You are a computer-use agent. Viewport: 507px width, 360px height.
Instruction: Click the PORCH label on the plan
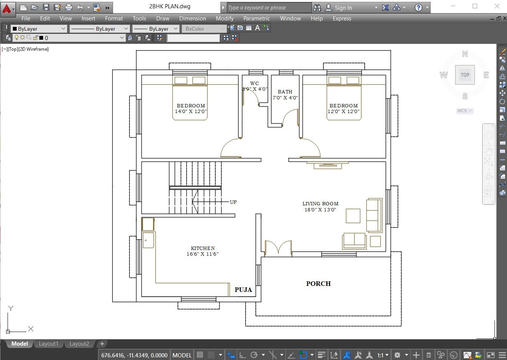click(318, 284)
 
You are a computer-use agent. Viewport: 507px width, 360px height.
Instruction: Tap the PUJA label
click(243, 290)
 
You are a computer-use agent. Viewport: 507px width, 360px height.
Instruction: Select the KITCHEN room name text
click(203, 248)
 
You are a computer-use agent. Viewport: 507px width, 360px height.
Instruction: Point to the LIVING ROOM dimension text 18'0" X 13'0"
click(320, 210)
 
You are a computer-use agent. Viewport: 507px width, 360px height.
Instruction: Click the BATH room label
click(285, 92)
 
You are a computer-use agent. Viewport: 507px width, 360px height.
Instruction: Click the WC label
click(254, 83)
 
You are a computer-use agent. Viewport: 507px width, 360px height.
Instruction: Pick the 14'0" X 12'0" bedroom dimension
click(191, 112)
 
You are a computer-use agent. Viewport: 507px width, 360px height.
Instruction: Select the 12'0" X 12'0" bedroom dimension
click(343, 112)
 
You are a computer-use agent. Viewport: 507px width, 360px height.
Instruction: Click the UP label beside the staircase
click(233, 202)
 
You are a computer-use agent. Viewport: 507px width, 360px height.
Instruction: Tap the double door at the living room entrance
click(278, 248)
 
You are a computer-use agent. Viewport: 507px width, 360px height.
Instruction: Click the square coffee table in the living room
click(353, 216)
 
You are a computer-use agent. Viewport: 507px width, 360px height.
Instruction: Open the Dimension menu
click(192, 18)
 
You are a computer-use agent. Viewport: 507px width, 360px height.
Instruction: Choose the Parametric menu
click(256, 18)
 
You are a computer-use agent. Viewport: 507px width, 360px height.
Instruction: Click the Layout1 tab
click(48, 344)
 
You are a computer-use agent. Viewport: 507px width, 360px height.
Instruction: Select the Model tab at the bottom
click(19, 344)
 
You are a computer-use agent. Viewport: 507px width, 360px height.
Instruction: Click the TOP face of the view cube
click(465, 75)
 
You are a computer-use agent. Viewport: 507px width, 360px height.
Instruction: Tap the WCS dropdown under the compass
click(465, 111)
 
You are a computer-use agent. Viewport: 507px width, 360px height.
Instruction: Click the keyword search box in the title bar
click(269, 8)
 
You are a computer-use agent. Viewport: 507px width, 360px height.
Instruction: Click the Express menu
click(342, 18)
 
